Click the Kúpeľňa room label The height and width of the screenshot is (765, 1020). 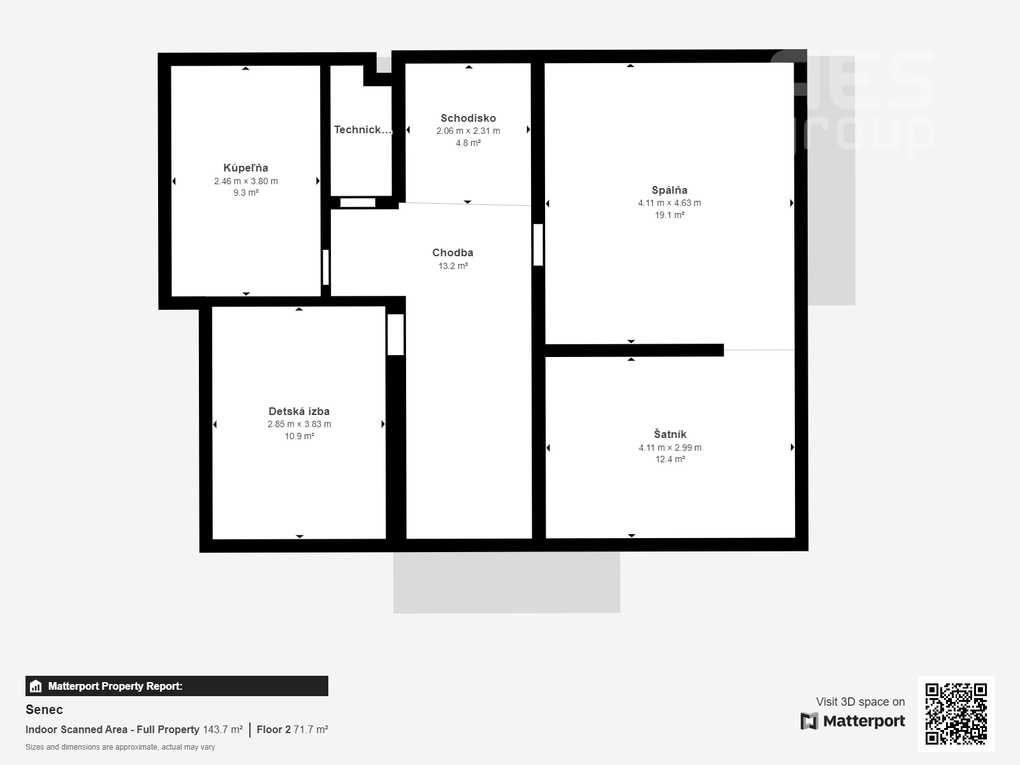point(245,168)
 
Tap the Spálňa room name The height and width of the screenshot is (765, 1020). point(669,190)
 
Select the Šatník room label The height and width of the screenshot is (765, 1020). point(670,434)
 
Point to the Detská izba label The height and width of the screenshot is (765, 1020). point(299,412)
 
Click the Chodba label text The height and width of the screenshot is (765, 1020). point(453,252)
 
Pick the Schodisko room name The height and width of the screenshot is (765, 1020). point(468,119)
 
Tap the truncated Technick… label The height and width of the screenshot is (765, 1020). point(363,129)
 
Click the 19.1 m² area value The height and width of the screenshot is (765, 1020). point(669,215)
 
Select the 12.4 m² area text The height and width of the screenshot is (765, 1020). point(670,460)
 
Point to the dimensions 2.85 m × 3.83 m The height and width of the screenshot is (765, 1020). point(299,424)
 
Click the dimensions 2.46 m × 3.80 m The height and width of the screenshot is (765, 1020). point(246,181)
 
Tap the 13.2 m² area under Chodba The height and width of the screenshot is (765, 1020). point(453,266)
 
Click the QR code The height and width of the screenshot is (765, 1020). point(956,713)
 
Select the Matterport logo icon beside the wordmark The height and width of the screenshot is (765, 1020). point(809,721)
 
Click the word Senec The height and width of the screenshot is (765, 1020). point(44,710)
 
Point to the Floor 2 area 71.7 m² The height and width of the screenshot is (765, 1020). point(292,730)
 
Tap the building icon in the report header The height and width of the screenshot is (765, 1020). point(36,686)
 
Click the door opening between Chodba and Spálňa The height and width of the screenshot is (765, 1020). point(538,245)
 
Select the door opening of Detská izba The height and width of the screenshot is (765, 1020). point(395,335)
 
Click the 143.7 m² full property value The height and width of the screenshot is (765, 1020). point(222,730)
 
